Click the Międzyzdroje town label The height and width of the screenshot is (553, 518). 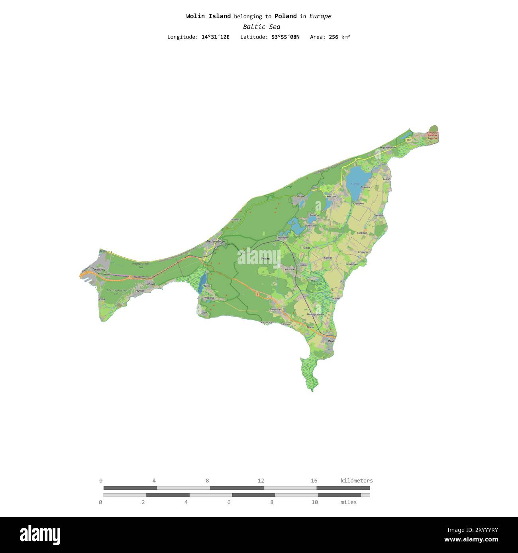tap(215, 241)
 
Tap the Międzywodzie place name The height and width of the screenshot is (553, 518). tap(388, 148)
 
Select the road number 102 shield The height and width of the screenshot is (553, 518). tap(408, 140)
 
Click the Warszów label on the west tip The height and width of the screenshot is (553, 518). tap(100, 270)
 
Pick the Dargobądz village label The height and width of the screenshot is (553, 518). tap(276, 309)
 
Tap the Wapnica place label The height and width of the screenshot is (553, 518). tap(209, 298)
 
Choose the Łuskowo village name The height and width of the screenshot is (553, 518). tap(362, 233)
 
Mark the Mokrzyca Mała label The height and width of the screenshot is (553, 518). tap(316, 314)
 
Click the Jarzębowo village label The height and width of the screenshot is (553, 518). tap(351, 264)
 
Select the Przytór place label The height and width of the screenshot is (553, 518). tap(140, 291)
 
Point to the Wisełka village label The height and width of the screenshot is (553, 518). tap(301, 196)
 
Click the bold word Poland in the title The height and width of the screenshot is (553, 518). tap(285, 16)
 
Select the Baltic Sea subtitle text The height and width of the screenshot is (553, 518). tap(261, 27)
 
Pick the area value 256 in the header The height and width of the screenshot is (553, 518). tap(334, 37)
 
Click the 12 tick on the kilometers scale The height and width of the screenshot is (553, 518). tap(261, 481)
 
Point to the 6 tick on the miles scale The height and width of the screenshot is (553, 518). tap(229, 502)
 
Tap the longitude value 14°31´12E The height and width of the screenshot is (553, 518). tap(215, 37)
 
